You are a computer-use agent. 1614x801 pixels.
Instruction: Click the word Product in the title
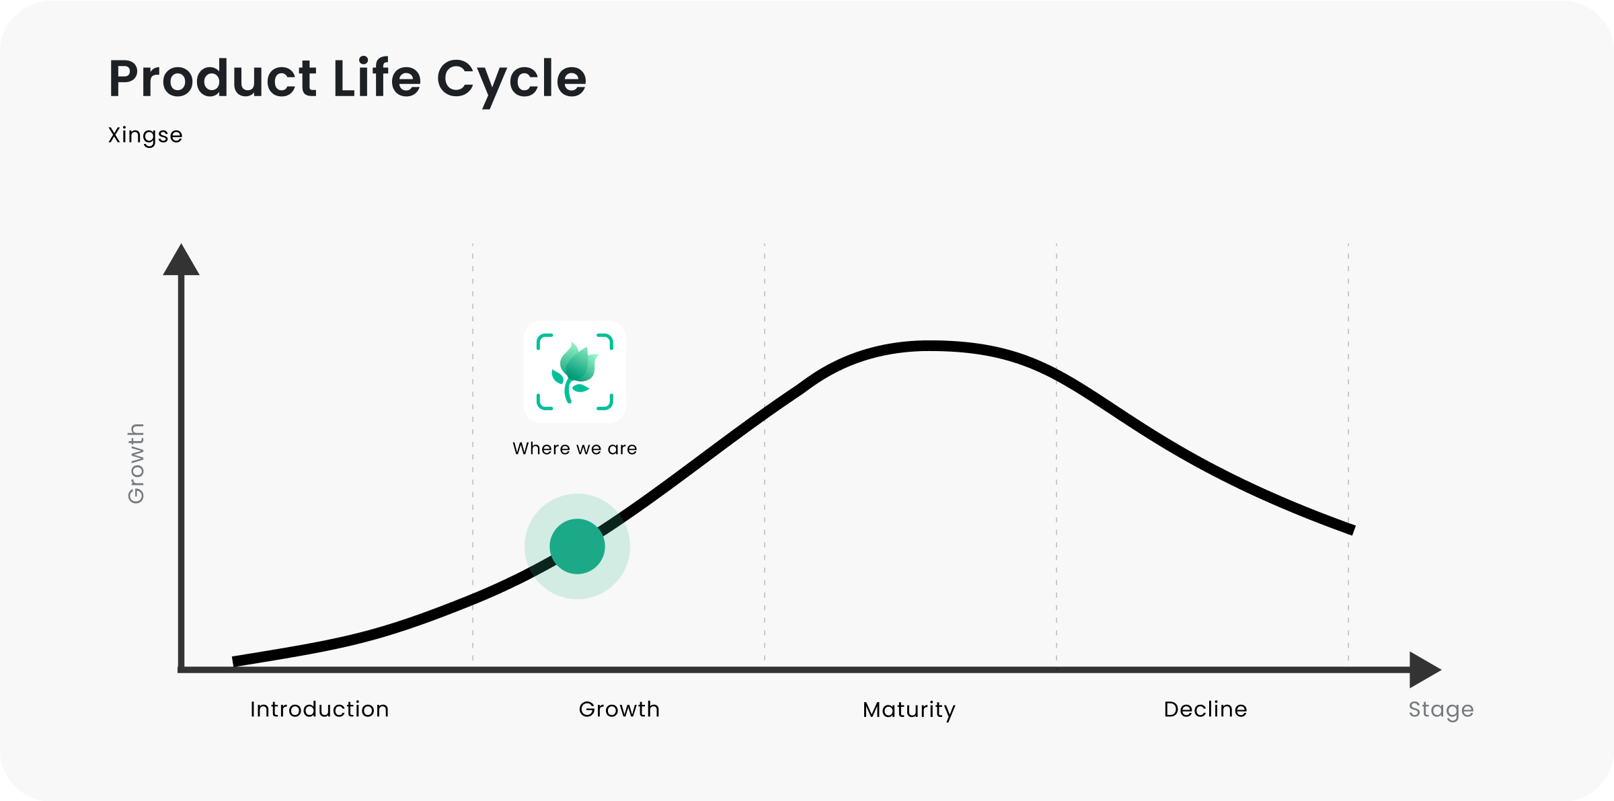[x=213, y=79]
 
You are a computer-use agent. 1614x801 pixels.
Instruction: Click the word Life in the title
[x=377, y=79]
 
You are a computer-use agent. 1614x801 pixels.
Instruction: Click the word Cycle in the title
[x=511, y=80]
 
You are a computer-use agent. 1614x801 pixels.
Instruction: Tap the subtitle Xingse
[x=145, y=135]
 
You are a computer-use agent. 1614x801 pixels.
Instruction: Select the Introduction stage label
[x=319, y=710]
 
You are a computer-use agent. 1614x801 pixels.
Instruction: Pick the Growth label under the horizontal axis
[x=619, y=710]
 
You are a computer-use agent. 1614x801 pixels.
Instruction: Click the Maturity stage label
[x=909, y=710]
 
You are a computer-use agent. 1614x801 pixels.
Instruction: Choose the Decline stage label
[x=1205, y=710]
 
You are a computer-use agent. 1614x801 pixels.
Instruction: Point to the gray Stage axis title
[x=1441, y=710]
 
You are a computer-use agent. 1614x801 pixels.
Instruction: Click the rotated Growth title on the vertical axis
[x=136, y=463]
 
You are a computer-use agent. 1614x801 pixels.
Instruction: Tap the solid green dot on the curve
[x=577, y=547]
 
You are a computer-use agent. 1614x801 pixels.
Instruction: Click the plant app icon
[x=575, y=372]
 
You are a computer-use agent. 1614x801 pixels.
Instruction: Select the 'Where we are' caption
[x=575, y=449]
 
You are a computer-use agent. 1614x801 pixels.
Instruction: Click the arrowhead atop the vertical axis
[x=181, y=261]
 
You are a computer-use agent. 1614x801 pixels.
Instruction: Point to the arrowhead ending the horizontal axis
[x=1424, y=670]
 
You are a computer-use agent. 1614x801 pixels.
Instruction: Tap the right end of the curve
[x=1352, y=530]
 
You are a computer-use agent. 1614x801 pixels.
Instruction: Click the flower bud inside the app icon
[x=578, y=362]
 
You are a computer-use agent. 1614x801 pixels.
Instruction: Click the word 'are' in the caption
[x=622, y=449]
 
